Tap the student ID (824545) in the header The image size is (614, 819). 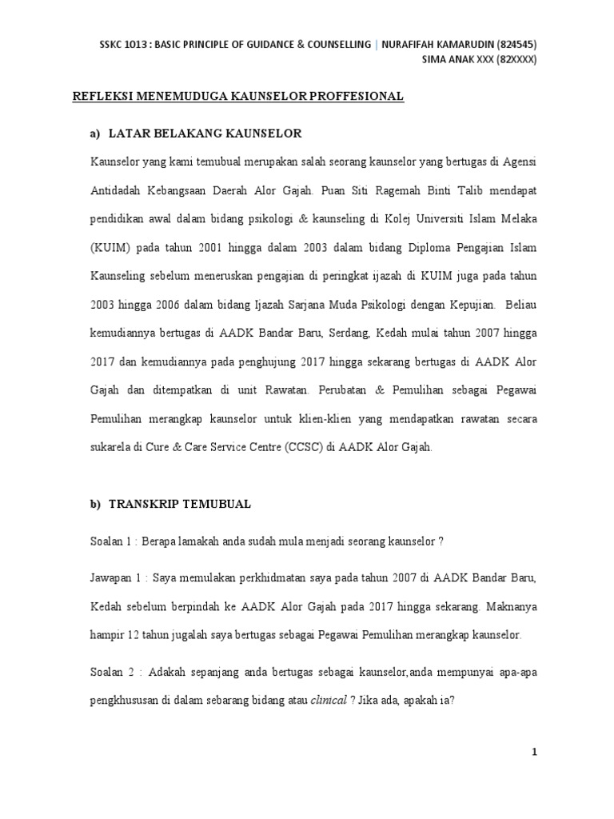coord(515,44)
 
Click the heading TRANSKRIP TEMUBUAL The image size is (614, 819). coord(179,504)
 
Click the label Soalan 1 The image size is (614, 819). coord(113,541)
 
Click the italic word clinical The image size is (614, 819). coord(329,700)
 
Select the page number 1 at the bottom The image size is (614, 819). coord(536,753)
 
